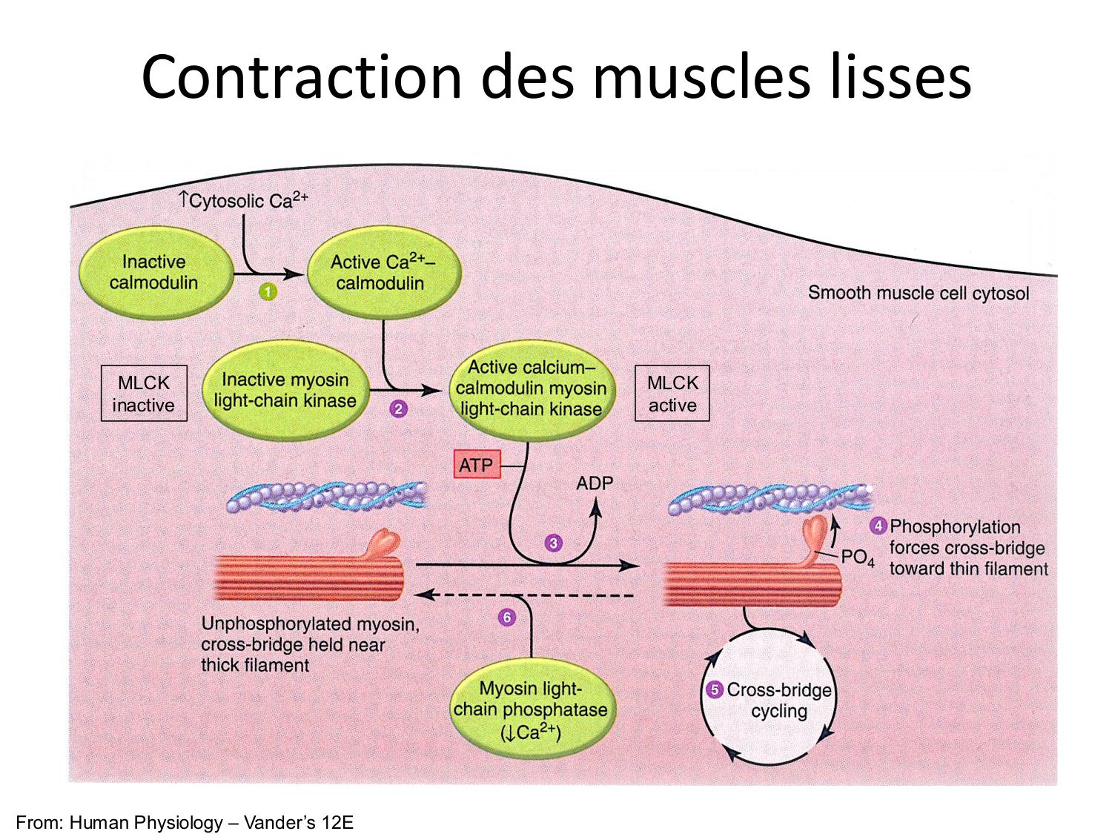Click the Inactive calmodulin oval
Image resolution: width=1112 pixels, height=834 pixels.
coord(153,273)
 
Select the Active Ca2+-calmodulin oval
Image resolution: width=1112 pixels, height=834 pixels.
coord(381,273)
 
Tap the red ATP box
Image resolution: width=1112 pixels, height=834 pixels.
coord(477,465)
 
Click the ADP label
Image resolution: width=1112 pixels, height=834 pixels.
coord(595,483)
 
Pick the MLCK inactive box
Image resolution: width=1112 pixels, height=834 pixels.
coord(144,394)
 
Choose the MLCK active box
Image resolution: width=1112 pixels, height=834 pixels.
coord(672,394)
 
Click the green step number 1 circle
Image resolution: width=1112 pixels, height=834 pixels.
coord(268,292)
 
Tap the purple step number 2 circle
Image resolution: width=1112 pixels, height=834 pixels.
coord(399,408)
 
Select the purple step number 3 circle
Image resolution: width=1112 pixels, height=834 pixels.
coord(553,543)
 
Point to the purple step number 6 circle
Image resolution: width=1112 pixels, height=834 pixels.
coord(507,618)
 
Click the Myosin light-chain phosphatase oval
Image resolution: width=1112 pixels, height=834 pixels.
coord(531,710)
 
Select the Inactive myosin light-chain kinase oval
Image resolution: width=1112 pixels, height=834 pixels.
coord(285,390)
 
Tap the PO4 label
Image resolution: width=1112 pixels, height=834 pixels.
coord(858,557)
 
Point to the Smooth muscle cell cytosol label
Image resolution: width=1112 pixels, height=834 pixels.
coord(918,293)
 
